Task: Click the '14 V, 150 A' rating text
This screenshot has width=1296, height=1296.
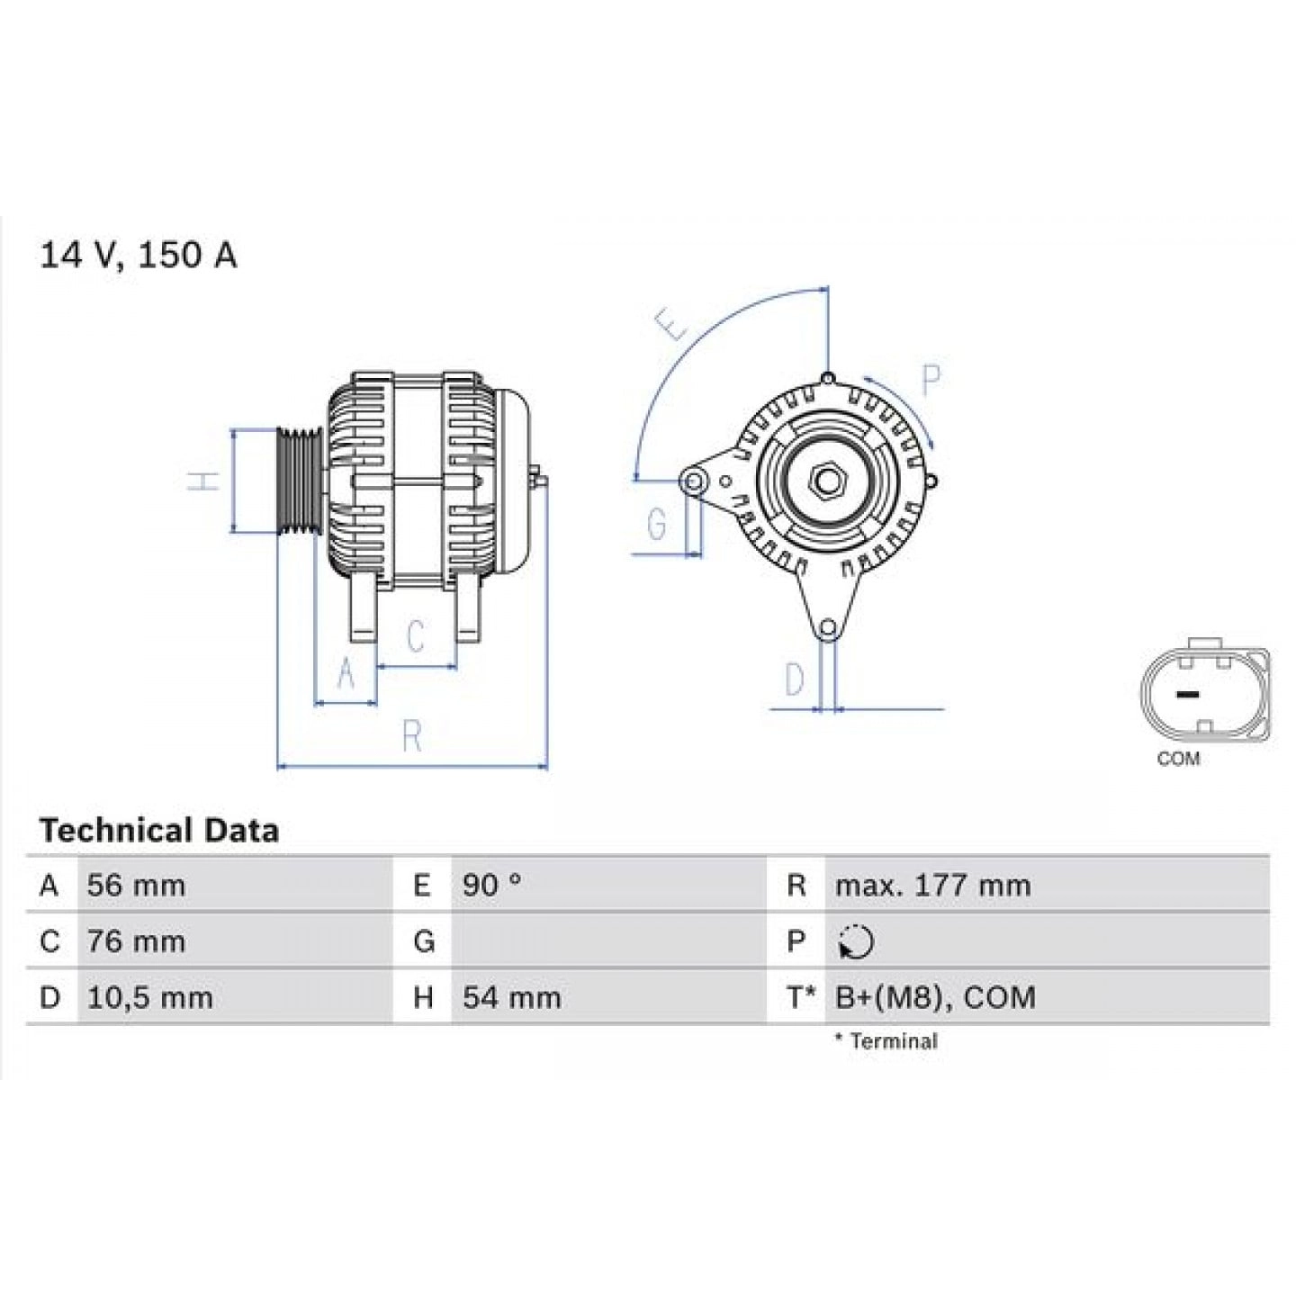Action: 138,256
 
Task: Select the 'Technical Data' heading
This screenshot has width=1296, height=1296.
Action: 159,830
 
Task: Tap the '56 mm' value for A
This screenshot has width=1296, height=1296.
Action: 136,886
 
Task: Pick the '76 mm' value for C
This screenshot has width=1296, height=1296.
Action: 136,941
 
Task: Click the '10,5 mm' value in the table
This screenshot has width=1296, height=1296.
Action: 149,997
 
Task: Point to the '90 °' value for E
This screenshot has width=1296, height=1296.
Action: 491,886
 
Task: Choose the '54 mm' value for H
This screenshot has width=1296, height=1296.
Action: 511,997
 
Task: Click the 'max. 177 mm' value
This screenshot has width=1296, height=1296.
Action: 932,886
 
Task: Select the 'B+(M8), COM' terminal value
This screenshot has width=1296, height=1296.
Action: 935,997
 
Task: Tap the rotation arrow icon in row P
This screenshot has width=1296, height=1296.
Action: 855,942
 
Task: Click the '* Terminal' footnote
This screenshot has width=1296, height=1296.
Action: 886,1041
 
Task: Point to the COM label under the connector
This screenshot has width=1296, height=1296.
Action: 1178,759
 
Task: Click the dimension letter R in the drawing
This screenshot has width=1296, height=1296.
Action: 412,737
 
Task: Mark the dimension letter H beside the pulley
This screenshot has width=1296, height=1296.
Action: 206,481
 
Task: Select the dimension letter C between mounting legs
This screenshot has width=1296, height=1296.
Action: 415,636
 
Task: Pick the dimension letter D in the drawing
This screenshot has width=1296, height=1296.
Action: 794,679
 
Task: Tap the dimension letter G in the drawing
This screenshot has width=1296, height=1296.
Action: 657,523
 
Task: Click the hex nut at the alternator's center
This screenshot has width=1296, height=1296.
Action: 826,481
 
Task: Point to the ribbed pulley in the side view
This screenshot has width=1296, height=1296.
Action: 299,481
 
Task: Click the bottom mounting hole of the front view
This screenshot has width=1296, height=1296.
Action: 828,627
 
